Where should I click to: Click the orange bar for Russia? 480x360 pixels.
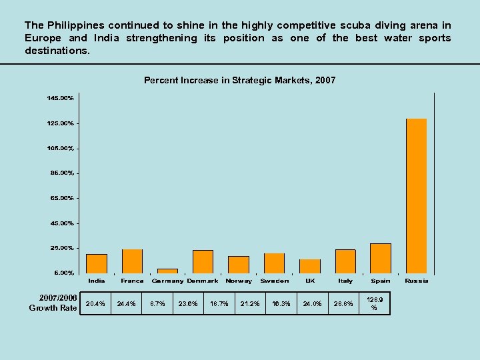click(x=416, y=196)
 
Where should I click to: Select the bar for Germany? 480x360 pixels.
click(x=167, y=271)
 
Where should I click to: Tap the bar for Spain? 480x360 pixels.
click(x=381, y=259)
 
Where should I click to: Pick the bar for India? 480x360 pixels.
click(x=97, y=263)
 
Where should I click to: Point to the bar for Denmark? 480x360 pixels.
click(x=203, y=261)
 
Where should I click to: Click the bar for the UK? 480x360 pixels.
click(x=310, y=266)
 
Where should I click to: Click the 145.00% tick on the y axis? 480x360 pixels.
click(x=60, y=98)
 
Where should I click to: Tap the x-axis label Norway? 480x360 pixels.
click(x=239, y=281)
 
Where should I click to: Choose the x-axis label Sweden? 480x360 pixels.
click(x=274, y=281)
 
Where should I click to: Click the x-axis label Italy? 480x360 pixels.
click(x=345, y=281)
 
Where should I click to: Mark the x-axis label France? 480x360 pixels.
click(x=132, y=281)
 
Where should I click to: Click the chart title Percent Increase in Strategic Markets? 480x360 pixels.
click(x=239, y=80)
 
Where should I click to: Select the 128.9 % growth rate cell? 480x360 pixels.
click(x=374, y=304)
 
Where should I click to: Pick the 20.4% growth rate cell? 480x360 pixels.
click(x=95, y=304)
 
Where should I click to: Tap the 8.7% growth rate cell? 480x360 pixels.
click(x=157, y=304)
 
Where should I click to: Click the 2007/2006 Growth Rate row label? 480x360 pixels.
click(x=53, y=303)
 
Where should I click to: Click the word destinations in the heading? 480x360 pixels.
click(x=57, y=51)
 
